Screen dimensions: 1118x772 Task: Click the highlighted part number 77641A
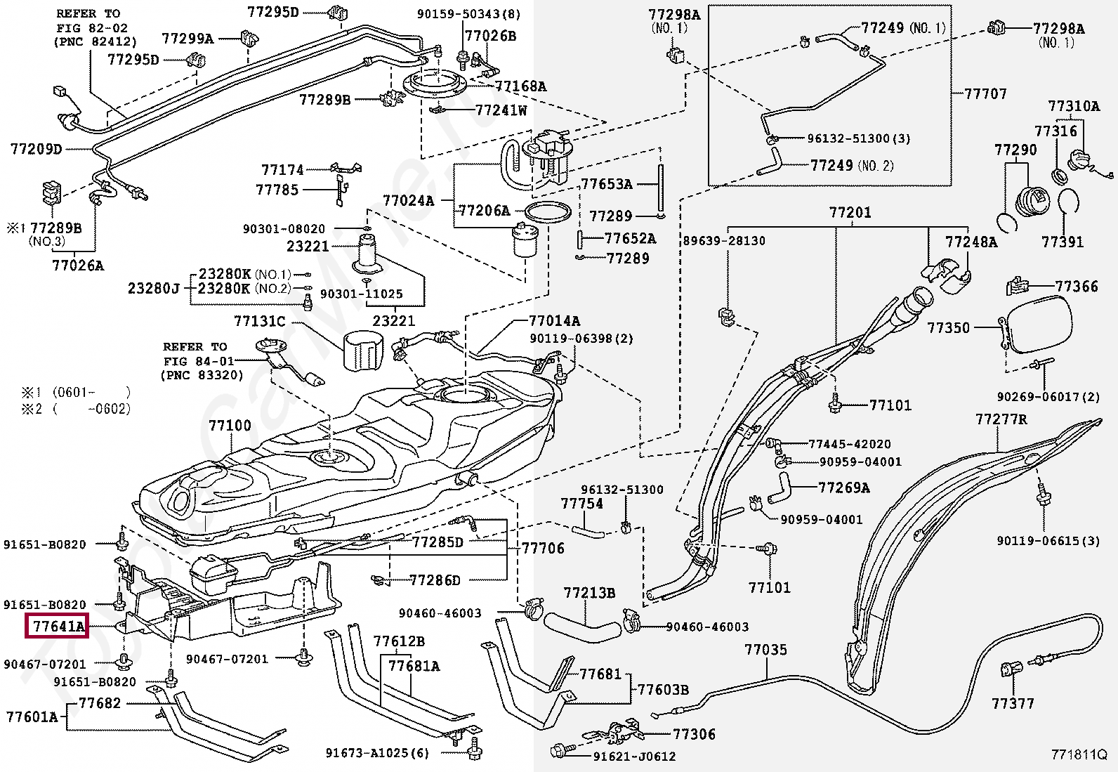[x=58, y=626]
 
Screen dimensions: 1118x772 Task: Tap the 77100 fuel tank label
[x=230, y=426]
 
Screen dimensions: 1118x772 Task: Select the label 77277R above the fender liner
[x=1001, y=419]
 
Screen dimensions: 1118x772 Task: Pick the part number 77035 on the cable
[x=765, y=650]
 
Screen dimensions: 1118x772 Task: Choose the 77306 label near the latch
[x=695, y=734]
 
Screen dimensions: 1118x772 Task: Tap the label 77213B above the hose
[x=589, y=593]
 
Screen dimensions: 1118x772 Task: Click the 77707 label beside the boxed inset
[x=985, y=93]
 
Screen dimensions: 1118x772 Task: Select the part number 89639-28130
[x=724, y=241]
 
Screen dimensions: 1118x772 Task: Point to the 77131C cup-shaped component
[x=364, y=353]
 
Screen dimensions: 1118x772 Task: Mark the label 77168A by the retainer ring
[x=520, y=86]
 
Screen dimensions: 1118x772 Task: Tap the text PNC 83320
[x=202, y=375]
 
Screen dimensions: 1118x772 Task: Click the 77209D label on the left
[x=36, y=149]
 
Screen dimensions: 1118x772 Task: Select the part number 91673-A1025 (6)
[x=377, y=752]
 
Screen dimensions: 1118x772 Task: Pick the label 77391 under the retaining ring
[x=1062, y=242]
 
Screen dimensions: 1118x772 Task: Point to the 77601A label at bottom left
[x=32, y=717]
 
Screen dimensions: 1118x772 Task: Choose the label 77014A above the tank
[x=554, y=320]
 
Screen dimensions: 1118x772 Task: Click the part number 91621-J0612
[x=634, y=757]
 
